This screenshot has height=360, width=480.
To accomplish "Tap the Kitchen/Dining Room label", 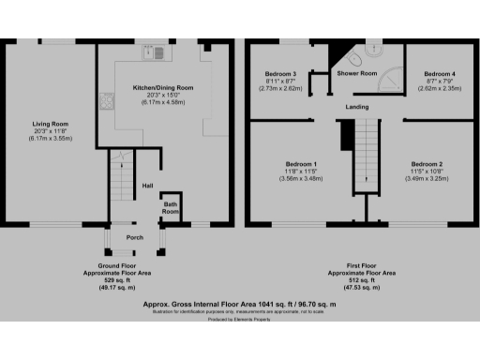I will tap(163, 87).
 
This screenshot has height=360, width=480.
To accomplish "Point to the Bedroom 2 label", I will tap(427, 164).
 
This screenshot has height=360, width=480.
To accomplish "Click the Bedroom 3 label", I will tap(280, 73).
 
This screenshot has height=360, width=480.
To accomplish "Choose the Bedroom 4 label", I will tap(439, 73).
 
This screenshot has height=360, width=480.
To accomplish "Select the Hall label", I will tap(147, 185).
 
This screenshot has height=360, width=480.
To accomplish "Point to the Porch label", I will tap(134, 236).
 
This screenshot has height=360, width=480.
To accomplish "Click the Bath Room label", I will tap(171, 208).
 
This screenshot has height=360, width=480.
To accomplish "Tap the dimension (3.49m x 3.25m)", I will tap(427, 178).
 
